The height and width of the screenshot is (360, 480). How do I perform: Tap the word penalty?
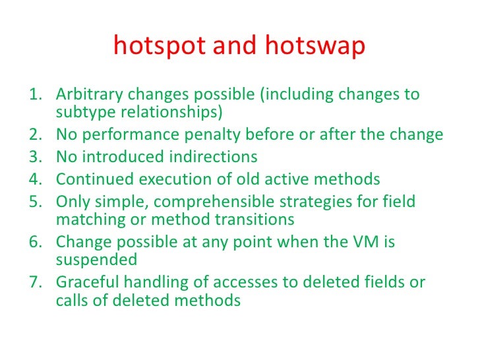[210, 135]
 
